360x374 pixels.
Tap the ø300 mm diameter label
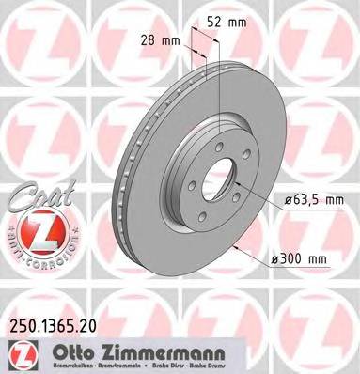(307, 259)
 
